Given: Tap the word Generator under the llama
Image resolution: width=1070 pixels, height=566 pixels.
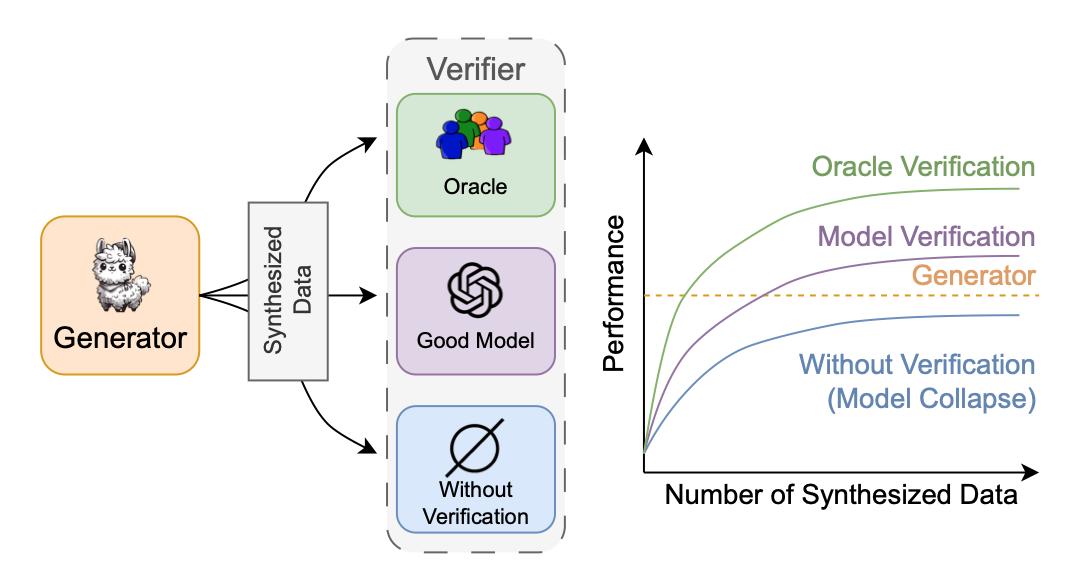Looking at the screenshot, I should (x=120, y=338).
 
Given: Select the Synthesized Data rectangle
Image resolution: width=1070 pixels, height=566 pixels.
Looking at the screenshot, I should (x=288, y=291).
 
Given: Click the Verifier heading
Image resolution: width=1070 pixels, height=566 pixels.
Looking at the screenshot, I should (x=475, y=69).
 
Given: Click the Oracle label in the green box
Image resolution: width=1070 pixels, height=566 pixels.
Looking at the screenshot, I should (x=476, y=187).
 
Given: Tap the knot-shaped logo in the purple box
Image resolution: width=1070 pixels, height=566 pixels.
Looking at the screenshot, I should (x=475, y=291).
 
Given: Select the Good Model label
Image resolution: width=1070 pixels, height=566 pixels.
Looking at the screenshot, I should (x=476, y=340).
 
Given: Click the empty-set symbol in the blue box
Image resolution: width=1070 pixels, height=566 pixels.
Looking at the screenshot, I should (x=475, y=447).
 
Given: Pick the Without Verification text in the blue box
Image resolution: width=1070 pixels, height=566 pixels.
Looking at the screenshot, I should (x=475, y=503).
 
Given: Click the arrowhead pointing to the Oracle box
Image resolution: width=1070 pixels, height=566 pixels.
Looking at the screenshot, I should (x=371, y=142).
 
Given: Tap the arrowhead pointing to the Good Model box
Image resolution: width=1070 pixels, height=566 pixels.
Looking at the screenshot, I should (x=371, y=296).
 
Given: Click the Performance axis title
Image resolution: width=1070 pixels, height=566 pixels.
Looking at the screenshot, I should (x=615, y=292).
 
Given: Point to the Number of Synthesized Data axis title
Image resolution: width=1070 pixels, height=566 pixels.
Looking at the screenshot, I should (x=841, y=495).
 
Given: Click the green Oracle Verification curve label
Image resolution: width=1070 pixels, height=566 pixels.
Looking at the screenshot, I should (x=923, y=166).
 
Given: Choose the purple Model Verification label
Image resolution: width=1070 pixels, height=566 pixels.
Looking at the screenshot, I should (x=926, y=237).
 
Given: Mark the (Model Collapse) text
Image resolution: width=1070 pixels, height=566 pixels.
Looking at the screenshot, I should (x=931, y=398).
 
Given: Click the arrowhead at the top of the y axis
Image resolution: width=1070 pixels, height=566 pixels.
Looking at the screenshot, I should (x=645, y=146).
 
